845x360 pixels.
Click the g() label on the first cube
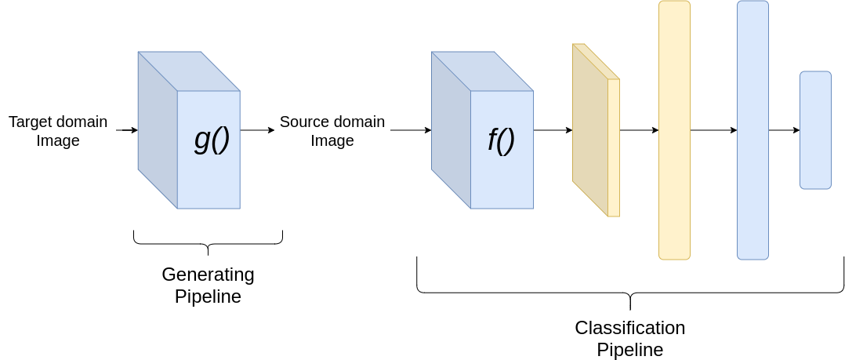pyautogui.click(x=212, y=140)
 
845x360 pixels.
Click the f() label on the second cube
pyautogui.click(x=501, y=140)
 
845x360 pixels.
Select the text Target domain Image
pyautogui.click(x=58, y=131)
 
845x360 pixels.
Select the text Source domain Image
pyautogui.click(x=332, y=131)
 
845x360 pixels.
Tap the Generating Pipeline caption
pyautogui.click(x=208, y=285)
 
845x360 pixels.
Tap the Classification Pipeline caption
pyautogui.click(x=629, y=338)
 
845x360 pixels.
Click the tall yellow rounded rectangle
pyautogui.click(x=674, y=130)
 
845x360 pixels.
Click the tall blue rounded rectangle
pyautogui.click(x=753, y=130)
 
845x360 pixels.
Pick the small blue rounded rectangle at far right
pyautogui.click(x=815, y=130)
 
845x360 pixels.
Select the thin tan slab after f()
pyautogui.click(x=595, y=130)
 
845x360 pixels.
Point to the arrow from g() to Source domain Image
pyautogui.click(x=257, y=130)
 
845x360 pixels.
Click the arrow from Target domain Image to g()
pyautogui.click(x=126, y=130)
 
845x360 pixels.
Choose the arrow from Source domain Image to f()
pyautogui.click(x=410, y=130)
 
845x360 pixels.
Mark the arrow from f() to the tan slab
pyautogui.click(x=553, y=130)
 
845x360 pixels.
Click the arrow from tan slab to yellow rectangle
pyautogui.click(x=639, y=130)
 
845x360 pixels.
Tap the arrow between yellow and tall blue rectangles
pyautogui.click(x=713, y=130)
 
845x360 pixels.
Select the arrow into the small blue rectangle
pyautogui.click(x=784, y=130)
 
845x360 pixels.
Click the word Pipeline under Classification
pyautogui.click(x=629, y=349)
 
